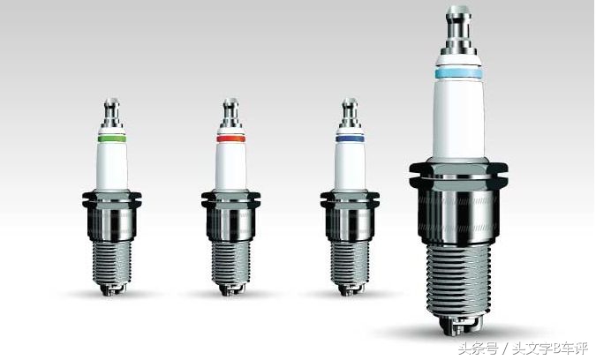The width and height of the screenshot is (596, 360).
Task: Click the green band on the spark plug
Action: click(112, 139)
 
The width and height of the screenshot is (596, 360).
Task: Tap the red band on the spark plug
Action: click(231, 139)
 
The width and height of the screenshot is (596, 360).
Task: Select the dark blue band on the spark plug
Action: click(350, 139)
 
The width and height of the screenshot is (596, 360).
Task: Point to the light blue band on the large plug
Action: click(459, 73)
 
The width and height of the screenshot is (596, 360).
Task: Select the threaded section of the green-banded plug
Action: click(112, 263)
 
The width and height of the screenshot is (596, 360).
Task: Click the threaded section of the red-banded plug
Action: click(231, 263)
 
